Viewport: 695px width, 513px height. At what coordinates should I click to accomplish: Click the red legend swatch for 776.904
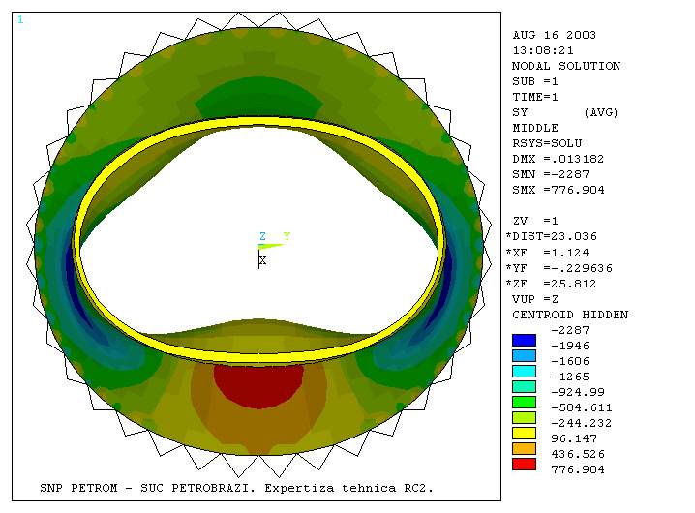pos(524,465)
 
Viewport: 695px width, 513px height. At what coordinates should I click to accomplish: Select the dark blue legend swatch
pos(524,340)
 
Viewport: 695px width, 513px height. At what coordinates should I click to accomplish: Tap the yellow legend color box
pos(524,434)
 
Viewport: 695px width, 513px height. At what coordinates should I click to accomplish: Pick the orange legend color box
pos(524,449)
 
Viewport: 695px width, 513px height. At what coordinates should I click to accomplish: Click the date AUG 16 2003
pos(554,35)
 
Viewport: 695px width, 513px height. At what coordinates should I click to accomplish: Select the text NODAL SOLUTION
pos(566,66)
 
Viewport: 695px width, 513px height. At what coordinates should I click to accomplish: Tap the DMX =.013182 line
pos(559,159)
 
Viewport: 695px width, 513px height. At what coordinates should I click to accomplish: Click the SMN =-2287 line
pos(551,174)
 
